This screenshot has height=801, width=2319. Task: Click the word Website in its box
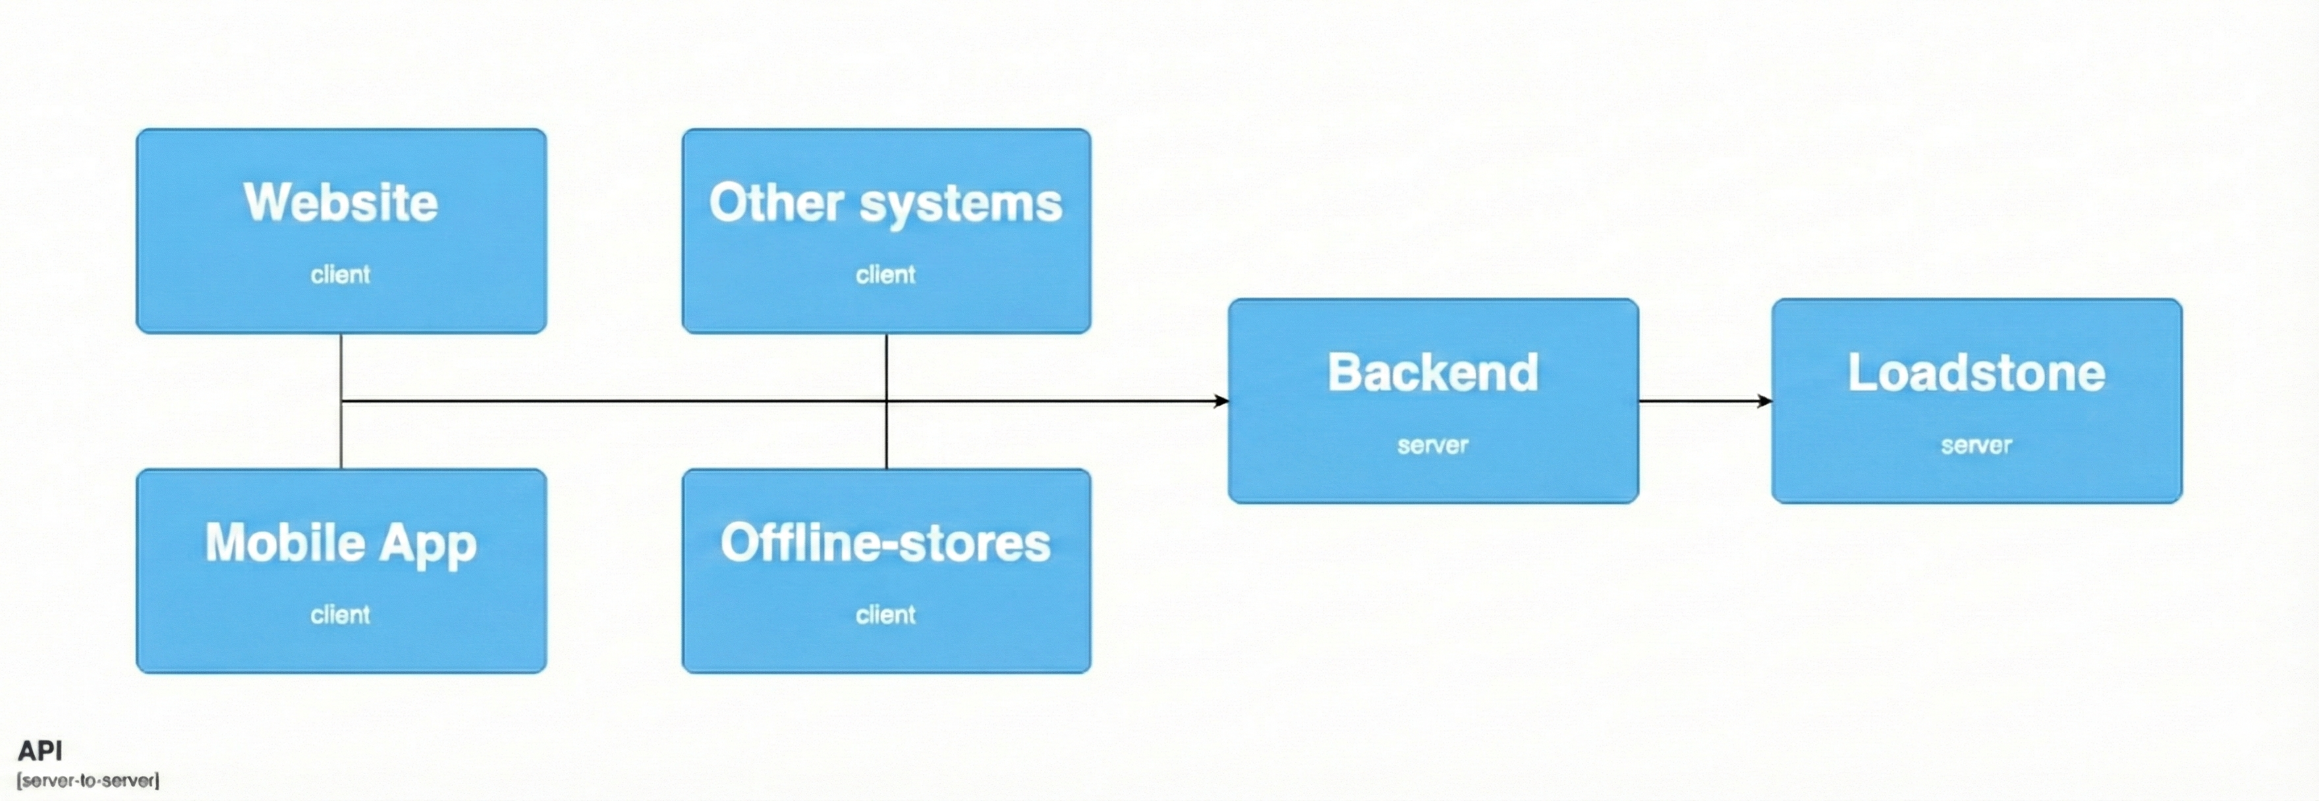[341, 202]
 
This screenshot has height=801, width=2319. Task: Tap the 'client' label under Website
[341, 275]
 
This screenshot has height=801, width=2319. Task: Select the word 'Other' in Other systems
[775, 202]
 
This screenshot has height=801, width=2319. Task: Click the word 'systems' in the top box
[961, 204]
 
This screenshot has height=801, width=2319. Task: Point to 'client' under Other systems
[885, 275]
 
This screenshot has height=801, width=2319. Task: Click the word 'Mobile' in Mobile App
[285, 542]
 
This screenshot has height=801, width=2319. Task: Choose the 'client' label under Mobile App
[341, 615]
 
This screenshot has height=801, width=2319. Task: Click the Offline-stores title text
[885, 542]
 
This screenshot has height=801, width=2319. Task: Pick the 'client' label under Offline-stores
[885, 615]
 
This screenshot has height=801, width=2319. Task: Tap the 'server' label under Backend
[1432, 445]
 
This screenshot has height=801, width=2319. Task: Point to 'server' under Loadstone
[1976, 445]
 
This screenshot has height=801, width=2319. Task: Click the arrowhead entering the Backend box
[1221, 400]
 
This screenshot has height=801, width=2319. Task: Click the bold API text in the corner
[40, 750]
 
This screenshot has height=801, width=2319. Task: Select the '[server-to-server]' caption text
[88, 781]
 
